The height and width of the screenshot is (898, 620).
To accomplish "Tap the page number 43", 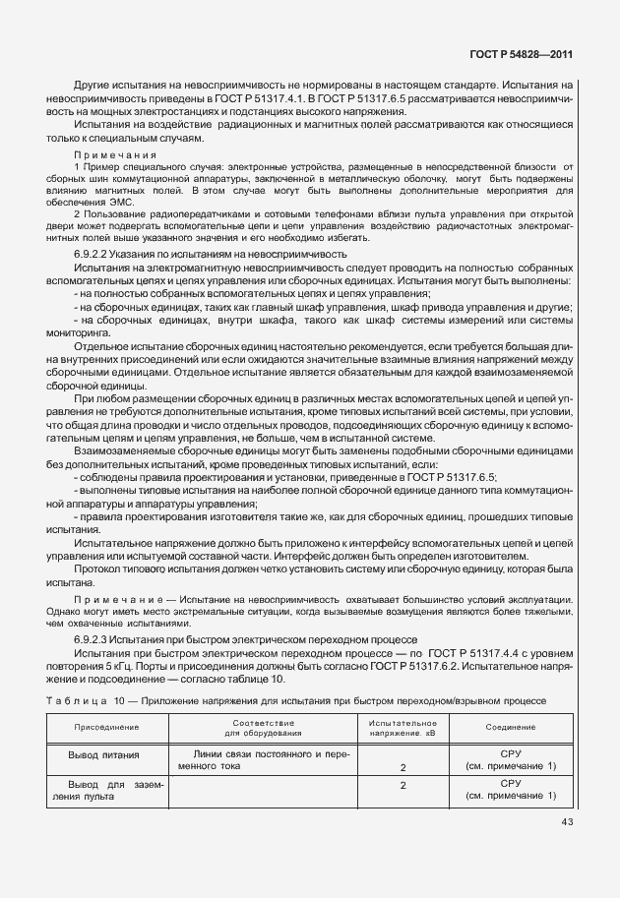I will pyautogui.click(x=568, y=821).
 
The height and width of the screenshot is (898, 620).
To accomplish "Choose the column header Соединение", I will pyautogui.click(x=510, y=726).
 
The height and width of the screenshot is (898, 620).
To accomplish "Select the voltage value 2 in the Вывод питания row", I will pyautogui.click(x=403, y=765).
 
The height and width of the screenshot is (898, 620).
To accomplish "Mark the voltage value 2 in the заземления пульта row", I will pyautogui.click(x=403, y=785).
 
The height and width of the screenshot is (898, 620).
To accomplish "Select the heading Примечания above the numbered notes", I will pyautogui.click(x=115, y=154).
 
